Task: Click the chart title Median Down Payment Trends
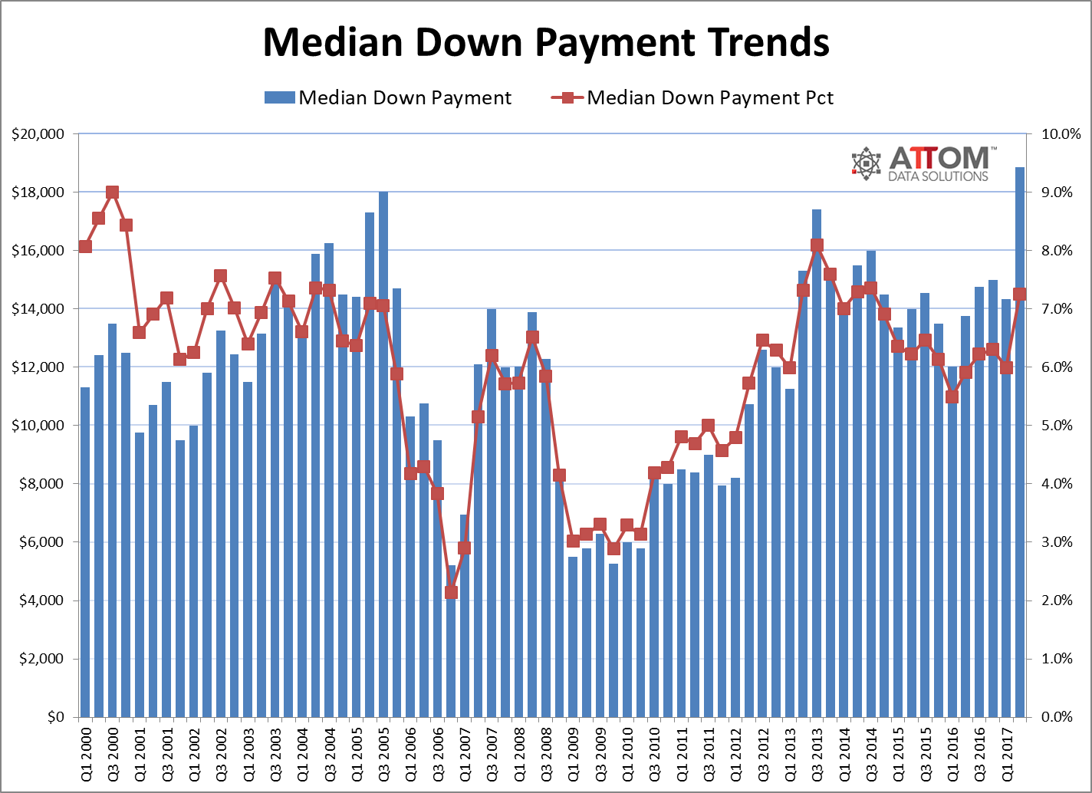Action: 545,43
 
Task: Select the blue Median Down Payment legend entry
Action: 388,98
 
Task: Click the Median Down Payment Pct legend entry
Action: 692,98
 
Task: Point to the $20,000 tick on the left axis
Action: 38,134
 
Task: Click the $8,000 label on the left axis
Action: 41,484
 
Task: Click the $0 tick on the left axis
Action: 54,717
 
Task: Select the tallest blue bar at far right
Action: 1020,445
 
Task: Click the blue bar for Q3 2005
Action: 383,460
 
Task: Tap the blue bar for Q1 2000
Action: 85,552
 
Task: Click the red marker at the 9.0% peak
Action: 112,192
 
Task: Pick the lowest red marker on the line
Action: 451,592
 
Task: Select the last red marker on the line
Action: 1020,294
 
